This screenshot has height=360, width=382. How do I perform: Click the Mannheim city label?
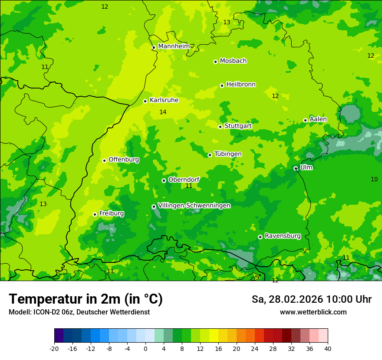[x=174, y=46]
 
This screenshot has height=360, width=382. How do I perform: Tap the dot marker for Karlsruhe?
[x=145, y=101]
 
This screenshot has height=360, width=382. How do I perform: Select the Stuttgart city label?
[x=238, y=126]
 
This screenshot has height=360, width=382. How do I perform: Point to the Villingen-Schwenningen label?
[x=194, y=206]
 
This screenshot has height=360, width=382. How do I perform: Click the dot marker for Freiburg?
[x=95, y=214]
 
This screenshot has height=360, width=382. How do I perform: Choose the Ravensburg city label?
[x=283, y=236]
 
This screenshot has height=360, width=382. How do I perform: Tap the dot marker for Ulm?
[x=296, y=168]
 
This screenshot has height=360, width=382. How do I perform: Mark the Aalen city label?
[x=318, y=119]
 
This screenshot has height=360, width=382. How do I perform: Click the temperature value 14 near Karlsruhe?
[x=163, y=112]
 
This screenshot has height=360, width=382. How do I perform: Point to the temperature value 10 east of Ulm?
[x=374, y=179]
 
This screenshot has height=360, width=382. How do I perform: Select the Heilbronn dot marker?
[x=222, y=85]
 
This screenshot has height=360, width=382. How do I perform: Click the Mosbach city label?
[x=233, y=61]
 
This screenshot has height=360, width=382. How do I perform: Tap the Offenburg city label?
[x=124, y=160]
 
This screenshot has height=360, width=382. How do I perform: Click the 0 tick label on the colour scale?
[x=145, y=348]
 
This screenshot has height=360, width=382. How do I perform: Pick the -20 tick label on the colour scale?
[x=54, y=348]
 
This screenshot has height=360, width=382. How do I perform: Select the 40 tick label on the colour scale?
[x=327, y=348]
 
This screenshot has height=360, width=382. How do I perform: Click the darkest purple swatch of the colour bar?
[x=59, y=336]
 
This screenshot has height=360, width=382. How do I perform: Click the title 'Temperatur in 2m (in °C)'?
[x=86, y=299]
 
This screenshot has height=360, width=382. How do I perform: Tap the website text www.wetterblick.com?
[x=313, y=312]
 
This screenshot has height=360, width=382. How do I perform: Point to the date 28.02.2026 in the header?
[x=296, y=299]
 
